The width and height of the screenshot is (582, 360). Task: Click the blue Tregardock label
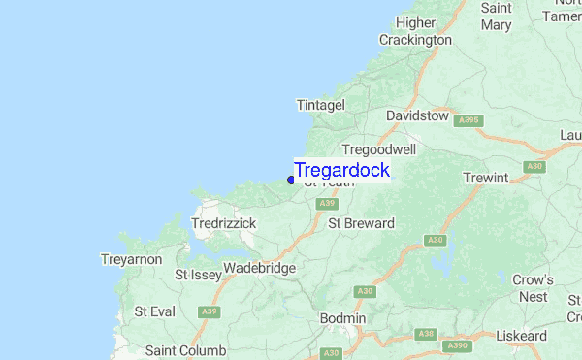click(341, 170)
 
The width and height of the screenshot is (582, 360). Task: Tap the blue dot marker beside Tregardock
click(291, 180)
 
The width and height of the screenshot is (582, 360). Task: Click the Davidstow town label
click(417, 115)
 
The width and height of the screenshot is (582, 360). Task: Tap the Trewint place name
click(486, 178)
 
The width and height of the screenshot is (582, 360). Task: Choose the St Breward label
click(362, 223)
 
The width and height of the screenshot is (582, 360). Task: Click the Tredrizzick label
click(224, 223)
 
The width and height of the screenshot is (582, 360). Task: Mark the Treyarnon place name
click(131, 260)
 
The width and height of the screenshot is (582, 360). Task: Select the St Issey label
click(199, 276)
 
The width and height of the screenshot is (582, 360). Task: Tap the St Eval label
click(154, 311)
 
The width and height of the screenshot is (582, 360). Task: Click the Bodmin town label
click(343, 318)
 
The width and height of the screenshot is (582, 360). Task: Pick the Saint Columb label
click(185, 350)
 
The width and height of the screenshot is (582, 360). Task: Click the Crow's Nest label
click(533, 288)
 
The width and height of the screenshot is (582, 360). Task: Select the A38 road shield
click(426, 334)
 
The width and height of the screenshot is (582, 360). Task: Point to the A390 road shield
click(455, 344)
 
